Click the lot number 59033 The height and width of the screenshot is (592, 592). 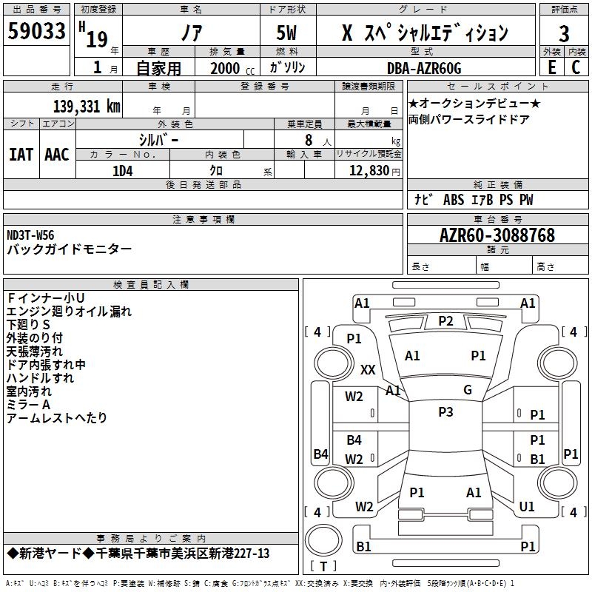(x=36, y=31)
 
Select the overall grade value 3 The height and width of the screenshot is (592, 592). (x=564, y=33)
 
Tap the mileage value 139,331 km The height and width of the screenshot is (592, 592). (x=87, y=106)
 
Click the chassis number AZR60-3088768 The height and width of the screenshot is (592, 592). (x=497, y=235)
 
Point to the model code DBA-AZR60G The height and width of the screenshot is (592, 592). (x=424, y=68)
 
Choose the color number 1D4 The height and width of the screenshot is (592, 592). (x=123, y=171)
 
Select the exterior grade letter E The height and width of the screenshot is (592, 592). (x=551, y=67)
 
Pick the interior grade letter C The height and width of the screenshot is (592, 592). (x=576, y=67)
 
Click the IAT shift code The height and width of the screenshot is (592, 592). (x=21, y=155)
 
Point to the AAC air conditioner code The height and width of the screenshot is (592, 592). (x=57, y=155)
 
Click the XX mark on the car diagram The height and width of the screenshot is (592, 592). (x=368, y=369)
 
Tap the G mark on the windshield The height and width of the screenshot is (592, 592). (x=468, y=390)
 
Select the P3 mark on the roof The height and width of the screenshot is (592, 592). (x=445, y=412)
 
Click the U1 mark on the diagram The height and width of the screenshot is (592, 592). (x=527, y=507)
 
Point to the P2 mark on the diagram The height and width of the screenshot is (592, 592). (x=445, y=321)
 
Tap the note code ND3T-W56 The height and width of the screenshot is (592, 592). (x=30, y=235)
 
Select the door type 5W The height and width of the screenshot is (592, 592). (x=286, y=33)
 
